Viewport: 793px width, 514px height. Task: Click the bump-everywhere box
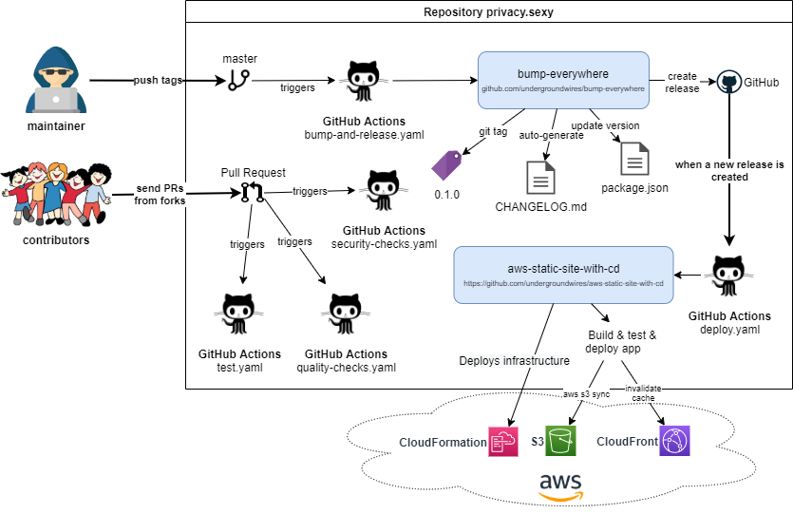point(563,80)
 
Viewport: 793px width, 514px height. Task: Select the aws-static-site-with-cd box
point(563,276)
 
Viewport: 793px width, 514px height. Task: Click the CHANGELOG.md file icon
point(541,179)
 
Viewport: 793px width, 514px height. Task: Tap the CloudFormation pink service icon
point(502,442)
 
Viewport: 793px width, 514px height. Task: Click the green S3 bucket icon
point(560,442)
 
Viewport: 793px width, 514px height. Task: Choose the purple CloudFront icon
point(674,442)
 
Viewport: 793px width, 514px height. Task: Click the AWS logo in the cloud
point(560,485)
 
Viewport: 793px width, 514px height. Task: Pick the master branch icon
point(238,81)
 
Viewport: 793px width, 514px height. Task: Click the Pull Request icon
point(251,193)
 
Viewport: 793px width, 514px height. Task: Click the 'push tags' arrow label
point(157,81)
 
